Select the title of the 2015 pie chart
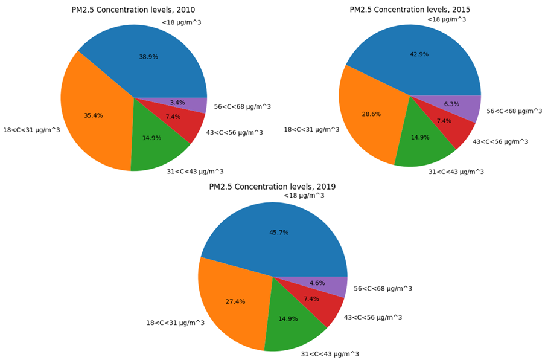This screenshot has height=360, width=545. click(x=410, y=10)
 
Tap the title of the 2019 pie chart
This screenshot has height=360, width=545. click(x=272, y=187)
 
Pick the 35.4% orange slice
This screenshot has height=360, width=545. click(x=97, y=115)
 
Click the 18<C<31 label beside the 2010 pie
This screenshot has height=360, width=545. click(x=31, y=130)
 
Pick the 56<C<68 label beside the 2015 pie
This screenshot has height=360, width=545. click(x=514, y=111)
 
